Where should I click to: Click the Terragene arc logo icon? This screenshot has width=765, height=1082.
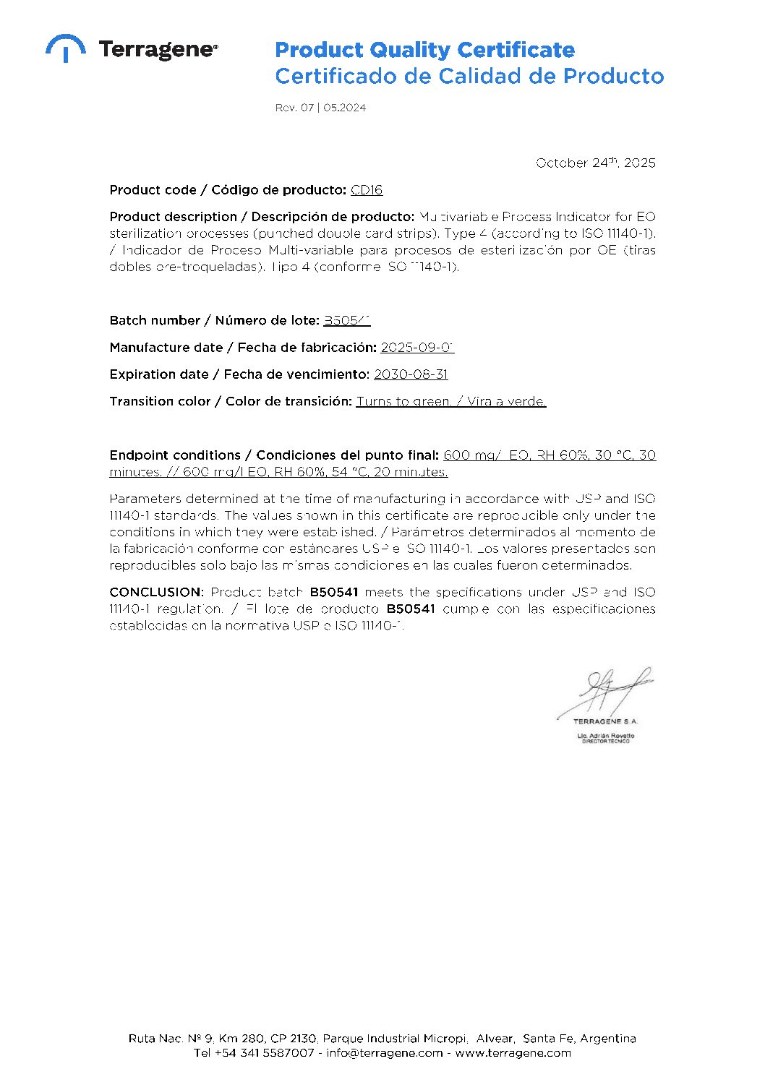(65, 48)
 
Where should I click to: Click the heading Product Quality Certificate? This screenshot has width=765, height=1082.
(424, 50)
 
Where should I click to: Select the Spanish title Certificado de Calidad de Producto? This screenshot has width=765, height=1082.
(469, 76)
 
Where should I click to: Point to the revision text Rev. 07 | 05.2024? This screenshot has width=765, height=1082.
(320, 108)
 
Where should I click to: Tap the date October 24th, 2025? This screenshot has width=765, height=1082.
(595, 163)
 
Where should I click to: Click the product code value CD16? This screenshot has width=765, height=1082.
(367, 190)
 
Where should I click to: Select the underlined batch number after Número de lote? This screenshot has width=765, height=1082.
(346, 320)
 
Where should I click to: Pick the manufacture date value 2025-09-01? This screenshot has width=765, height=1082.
(417, 348)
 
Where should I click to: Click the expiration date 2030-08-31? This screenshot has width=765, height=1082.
(411, 374)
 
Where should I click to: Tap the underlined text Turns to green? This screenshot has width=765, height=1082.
(403, 401)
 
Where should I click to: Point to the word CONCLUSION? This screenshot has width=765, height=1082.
(155, 592)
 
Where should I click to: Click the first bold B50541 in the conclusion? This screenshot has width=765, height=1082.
(334, 592)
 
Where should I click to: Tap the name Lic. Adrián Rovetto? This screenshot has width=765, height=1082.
(605, 735)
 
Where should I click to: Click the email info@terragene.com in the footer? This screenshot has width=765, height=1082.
(384, 1053)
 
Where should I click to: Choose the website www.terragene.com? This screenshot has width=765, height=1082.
(513, 1053)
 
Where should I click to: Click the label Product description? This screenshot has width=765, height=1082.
(174, 217)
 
